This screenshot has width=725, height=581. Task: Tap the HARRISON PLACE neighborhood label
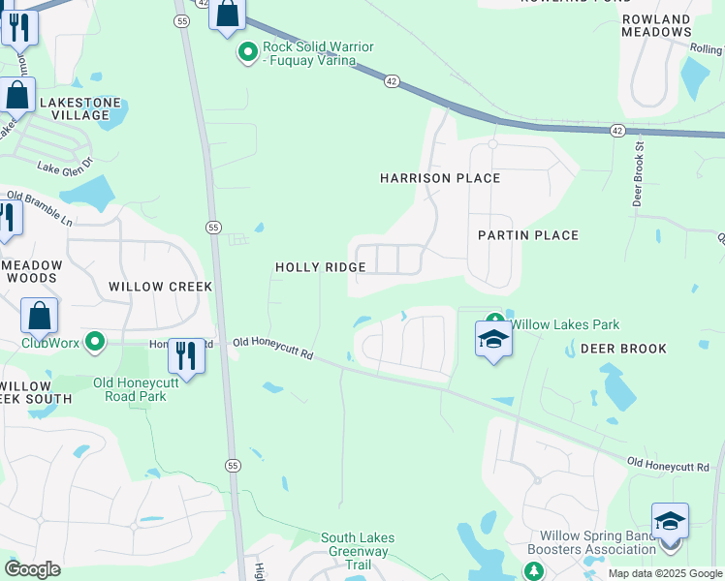click(x=440, y=178)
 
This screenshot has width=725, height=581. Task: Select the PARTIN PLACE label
click(x=528, y=235)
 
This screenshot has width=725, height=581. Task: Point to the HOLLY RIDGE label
click(x=320, y=267)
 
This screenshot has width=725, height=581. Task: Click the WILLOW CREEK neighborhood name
click(x=160, y=287)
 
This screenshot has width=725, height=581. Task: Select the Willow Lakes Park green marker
click(x=495, y=321)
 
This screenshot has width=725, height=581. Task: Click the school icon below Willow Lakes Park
click(x=493, y=340)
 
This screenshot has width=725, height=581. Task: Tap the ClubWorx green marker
click(x=95, y=342)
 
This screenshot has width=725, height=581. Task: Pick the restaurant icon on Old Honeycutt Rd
click(x=186, y=355)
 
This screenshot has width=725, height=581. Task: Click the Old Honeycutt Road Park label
click(x=137, y=389)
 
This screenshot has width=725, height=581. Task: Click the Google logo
click(x=32, y=570)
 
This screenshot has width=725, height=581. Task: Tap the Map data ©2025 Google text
click(x=664, y=573)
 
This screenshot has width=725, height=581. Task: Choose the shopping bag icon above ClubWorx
click(x=40, y=316)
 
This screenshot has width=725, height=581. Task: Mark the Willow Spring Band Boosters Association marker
click(x=533, y=573)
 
